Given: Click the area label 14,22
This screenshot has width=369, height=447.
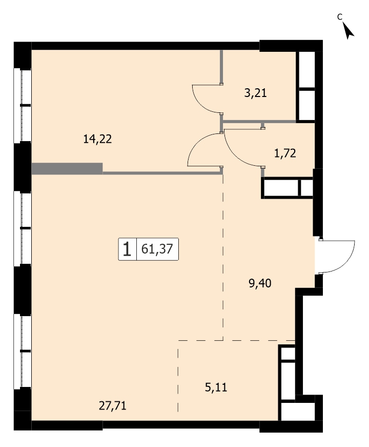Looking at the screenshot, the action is click(97, 139).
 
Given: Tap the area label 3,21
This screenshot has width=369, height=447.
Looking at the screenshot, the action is click(255, 93).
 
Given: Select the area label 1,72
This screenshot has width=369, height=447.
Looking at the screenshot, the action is click(285, 153).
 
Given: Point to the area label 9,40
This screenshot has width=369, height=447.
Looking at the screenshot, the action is click(260, 283).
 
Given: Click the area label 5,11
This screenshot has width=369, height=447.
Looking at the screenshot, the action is click(216, 387).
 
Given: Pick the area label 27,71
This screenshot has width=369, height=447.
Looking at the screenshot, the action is click(112, 405).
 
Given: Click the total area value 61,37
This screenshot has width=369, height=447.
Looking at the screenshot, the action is click(157, 249).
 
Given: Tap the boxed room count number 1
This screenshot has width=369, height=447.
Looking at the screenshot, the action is click(127, 249).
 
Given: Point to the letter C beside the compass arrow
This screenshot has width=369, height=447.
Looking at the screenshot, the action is click(339, 17).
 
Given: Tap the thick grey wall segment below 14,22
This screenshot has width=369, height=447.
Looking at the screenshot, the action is click(67, 168).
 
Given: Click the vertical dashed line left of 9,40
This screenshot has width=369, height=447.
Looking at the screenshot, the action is click(223, 257).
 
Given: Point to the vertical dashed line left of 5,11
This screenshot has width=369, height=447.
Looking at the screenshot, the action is click(178, 376).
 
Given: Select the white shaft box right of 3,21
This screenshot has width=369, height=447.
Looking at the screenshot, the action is click(306, 86).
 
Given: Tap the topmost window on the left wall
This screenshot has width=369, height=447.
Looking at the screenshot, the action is click(23, 106).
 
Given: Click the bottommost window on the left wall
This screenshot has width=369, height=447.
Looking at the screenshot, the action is click(23, 351).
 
